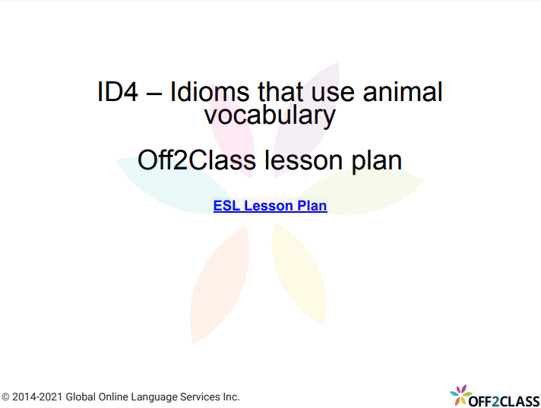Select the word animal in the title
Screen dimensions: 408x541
[402, 92]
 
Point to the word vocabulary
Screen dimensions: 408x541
[270, 115]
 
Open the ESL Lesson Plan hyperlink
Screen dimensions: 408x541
[270, 205]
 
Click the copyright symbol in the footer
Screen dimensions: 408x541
[5, 397]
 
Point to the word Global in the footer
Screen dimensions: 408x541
[81, 397]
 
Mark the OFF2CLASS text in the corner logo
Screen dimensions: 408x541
[505, 400]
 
